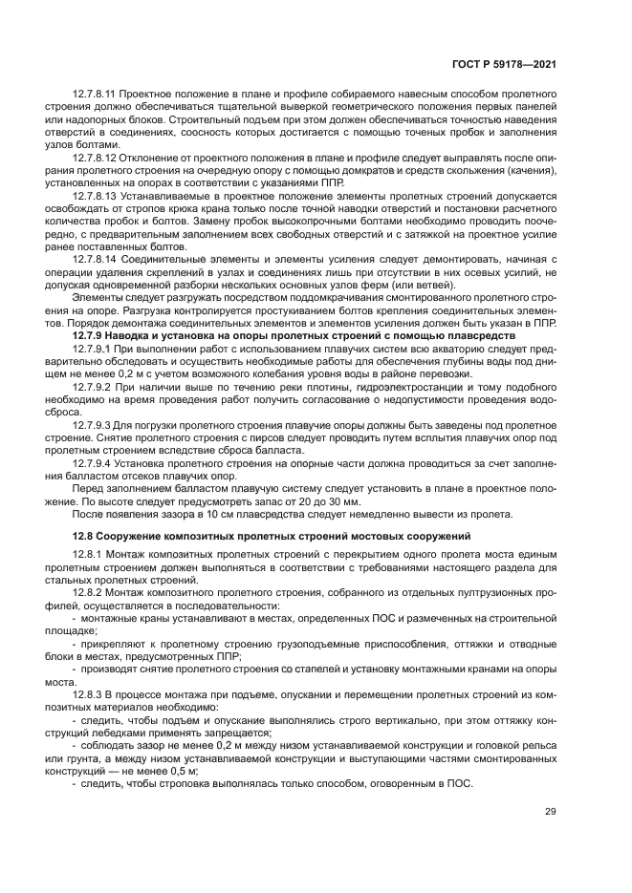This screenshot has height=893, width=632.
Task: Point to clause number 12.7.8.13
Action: click(x=94, y=196)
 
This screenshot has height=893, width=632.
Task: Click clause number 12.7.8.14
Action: click(x=94, y=259)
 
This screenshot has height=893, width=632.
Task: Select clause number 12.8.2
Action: click(x=87, y=592)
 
